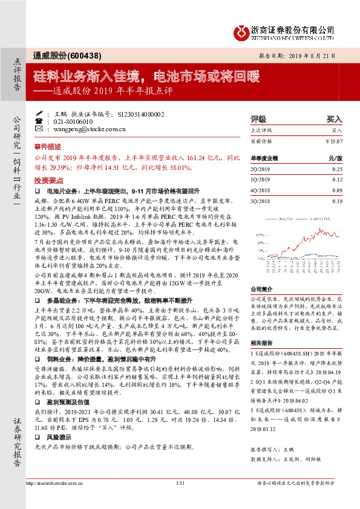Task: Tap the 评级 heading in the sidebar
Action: pos(258,120)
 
